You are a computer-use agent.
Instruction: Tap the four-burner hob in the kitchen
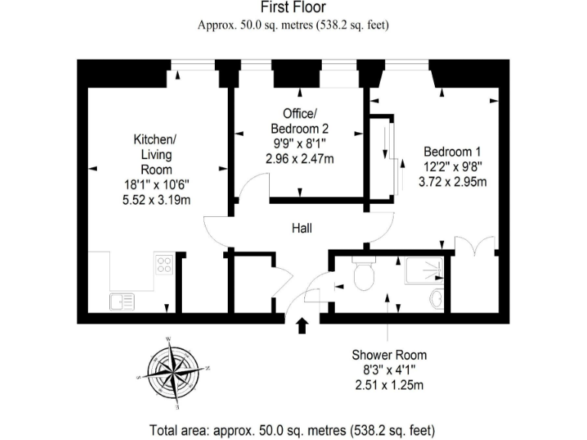(164, 264)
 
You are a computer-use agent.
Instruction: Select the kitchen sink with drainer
(122, 302)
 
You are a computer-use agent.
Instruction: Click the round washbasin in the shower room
(437, 298)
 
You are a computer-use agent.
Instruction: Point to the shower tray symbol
(424, 270)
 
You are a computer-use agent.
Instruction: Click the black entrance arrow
(302, 325)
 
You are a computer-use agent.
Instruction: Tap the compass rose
(173, 372)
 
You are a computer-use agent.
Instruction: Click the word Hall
(302, 228)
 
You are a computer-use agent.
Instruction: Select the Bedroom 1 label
(452, 152)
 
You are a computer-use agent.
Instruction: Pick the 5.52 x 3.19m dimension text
(157, 200)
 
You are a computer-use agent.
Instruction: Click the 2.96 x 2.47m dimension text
(300, 159)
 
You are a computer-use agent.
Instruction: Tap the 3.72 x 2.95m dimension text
(452, 182)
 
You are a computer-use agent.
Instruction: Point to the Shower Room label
(389, 355)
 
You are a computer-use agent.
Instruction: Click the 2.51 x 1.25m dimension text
(389, 385)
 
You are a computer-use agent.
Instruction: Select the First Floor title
(293, 7)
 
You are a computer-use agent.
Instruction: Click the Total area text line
(293, 430)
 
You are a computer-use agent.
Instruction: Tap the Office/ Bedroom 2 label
(300, 121)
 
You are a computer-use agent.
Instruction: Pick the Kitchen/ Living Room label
(156, 154)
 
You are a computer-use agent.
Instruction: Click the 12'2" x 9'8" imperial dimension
(452, 167)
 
